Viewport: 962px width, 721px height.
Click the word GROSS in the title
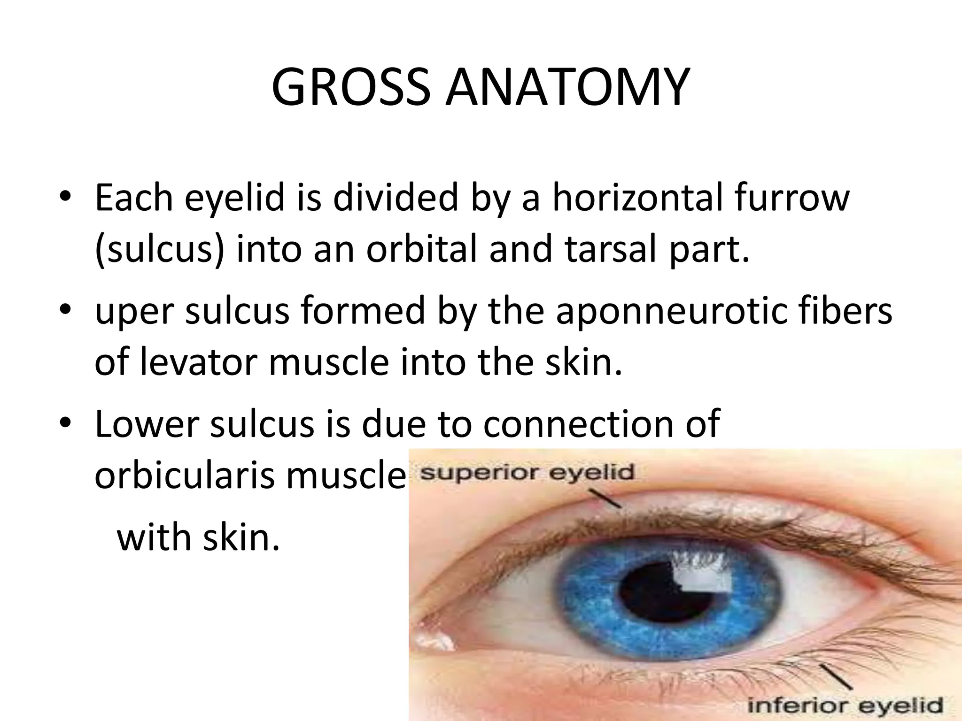click(350, 88)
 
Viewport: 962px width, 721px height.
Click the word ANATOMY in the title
click(567, 88)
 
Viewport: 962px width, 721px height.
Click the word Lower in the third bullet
click(147, 424)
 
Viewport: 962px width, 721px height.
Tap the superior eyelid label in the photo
click(527, 472)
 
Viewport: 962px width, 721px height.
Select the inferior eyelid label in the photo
click(845, 705)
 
